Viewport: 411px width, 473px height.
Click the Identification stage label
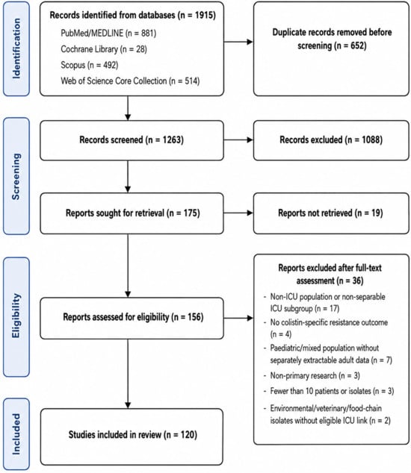pos(16,49)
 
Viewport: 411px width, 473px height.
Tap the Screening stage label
pos(16,176)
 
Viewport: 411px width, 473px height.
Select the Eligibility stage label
pos(16,317)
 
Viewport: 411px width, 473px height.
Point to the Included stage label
pos(16,434)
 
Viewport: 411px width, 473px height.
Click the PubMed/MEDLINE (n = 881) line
pos(108,33)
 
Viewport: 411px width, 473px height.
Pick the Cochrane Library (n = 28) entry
pos(104,49)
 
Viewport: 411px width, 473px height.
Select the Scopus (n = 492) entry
pos(90,65)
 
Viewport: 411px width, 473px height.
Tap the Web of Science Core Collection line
pos(130,81)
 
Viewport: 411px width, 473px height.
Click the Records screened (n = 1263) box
pos(132,140)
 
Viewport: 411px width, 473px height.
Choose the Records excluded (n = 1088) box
pos(331,140)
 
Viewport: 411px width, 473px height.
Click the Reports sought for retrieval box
pos(132,213)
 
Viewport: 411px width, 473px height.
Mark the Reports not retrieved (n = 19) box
pos(331,213)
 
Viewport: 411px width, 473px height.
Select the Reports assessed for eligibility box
pos(132,318)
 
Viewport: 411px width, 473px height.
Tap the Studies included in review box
pos(132,436)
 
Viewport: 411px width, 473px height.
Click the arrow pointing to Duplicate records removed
pos(238,42)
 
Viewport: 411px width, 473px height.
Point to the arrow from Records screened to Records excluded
pos(238,140)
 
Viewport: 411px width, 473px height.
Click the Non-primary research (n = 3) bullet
pos(312,375)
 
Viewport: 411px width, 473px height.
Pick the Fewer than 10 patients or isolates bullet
pos(329,391)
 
